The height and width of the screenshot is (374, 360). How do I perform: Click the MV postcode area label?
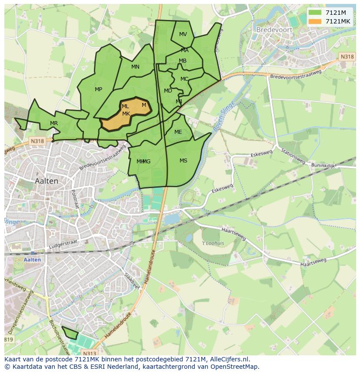point(183,34)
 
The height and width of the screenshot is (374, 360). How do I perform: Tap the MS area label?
point(183,161)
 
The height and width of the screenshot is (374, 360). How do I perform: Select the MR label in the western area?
point(53,123)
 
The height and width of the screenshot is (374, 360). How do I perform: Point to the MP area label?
point(98,89)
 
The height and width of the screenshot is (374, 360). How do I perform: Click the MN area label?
point(135,67)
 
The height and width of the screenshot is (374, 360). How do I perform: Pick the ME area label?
point(178,132)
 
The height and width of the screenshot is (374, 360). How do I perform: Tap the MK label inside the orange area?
point(126,114)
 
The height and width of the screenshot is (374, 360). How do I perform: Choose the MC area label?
point(184,79)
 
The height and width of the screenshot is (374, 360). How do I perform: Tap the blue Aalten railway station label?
point(32,260)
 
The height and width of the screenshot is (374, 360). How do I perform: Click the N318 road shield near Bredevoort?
point(347,57)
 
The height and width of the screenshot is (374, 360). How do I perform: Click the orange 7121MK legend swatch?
point(315,21)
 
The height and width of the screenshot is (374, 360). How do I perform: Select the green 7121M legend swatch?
point(315,12)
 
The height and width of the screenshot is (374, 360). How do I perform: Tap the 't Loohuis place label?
point(213,243)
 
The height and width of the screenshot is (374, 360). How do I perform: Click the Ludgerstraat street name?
point(63,246)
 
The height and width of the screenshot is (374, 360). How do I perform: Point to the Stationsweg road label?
point(292,156)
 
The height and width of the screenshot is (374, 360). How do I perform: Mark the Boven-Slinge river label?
point(223,116)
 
